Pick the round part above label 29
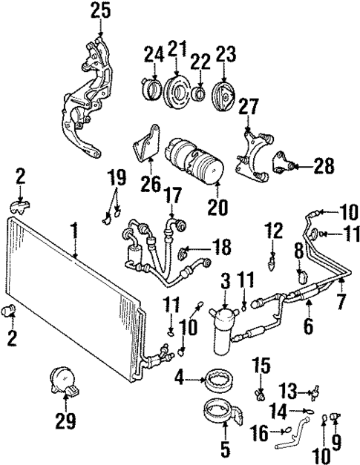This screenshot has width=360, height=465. [x=61, y=380]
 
